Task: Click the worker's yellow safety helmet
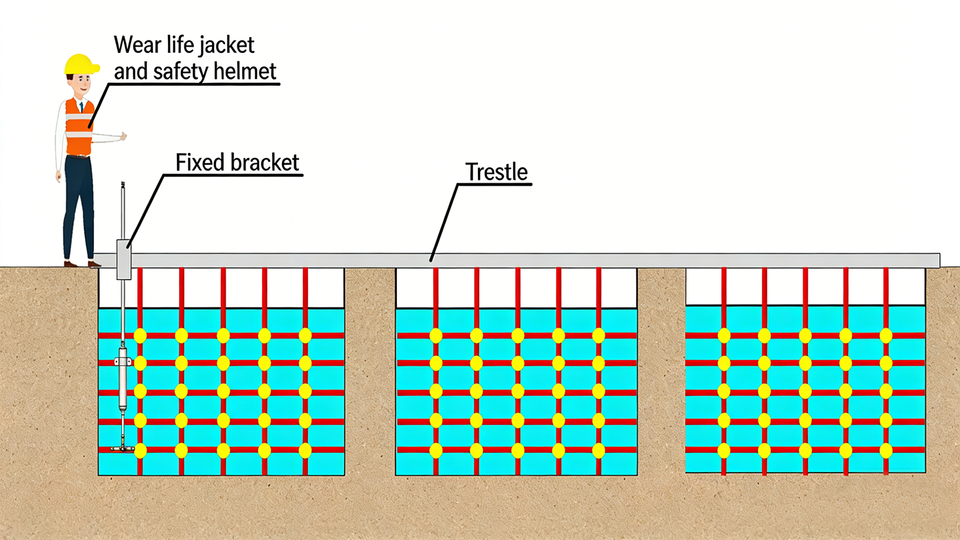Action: coord(81,65)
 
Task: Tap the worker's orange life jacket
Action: coord(79,127)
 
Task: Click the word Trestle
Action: coord(496,172)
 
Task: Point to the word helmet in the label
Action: coord(245,71)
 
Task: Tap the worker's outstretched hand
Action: coord(122,136)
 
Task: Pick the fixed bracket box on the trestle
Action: coord(124,259)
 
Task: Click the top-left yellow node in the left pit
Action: coord(140,336)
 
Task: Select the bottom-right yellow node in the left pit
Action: coord(305,451)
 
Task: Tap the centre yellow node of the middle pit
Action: coord(517,392)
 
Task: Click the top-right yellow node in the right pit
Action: coord(886,336)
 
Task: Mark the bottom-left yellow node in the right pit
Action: coord(724,451)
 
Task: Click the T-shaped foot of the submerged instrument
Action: coord(122,448)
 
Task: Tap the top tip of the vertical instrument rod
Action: coord(123,183)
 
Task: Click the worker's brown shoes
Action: coord(81,264)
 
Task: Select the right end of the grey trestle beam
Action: coord(939,260)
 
